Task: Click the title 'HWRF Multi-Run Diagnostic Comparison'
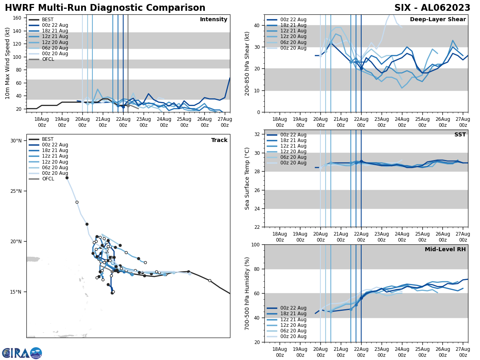105,8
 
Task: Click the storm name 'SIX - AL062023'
432,8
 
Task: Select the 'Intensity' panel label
213,20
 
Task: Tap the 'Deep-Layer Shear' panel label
438,20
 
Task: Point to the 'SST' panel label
460,135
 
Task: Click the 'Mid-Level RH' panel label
445,250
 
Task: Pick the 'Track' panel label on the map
219,140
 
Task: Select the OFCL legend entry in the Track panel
48,179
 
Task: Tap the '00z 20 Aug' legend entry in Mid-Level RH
294,336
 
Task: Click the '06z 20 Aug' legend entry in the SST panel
294,157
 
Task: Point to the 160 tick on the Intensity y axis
18,18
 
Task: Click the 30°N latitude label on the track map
16,141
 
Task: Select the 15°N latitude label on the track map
16,292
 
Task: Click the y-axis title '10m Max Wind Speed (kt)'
8,63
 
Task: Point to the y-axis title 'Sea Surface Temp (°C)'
247,178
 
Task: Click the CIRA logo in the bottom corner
22,353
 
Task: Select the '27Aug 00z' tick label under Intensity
225,122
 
